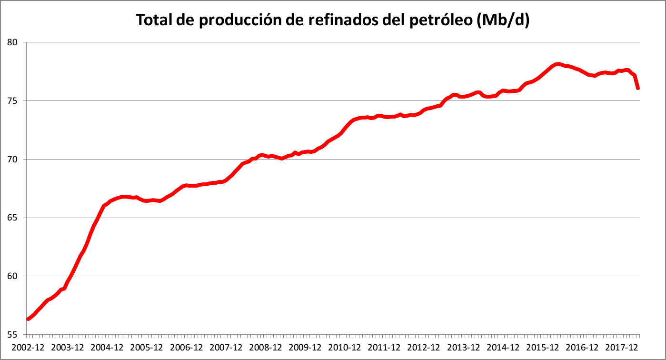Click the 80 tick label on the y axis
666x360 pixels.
click(x=13, y=42)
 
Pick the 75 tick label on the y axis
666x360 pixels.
click(x=13, y=101)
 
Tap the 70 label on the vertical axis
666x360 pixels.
click(x=13, y=159)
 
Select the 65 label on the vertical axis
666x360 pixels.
click(x=13, y=218)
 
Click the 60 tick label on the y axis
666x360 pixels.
click(x=13, y=276)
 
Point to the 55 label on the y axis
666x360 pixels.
click(x=13, y=334)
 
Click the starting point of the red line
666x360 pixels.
click(x=28, y=319)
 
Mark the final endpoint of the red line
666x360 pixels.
click(x=637, y=88)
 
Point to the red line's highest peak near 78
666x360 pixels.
click(x=558, y=64)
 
